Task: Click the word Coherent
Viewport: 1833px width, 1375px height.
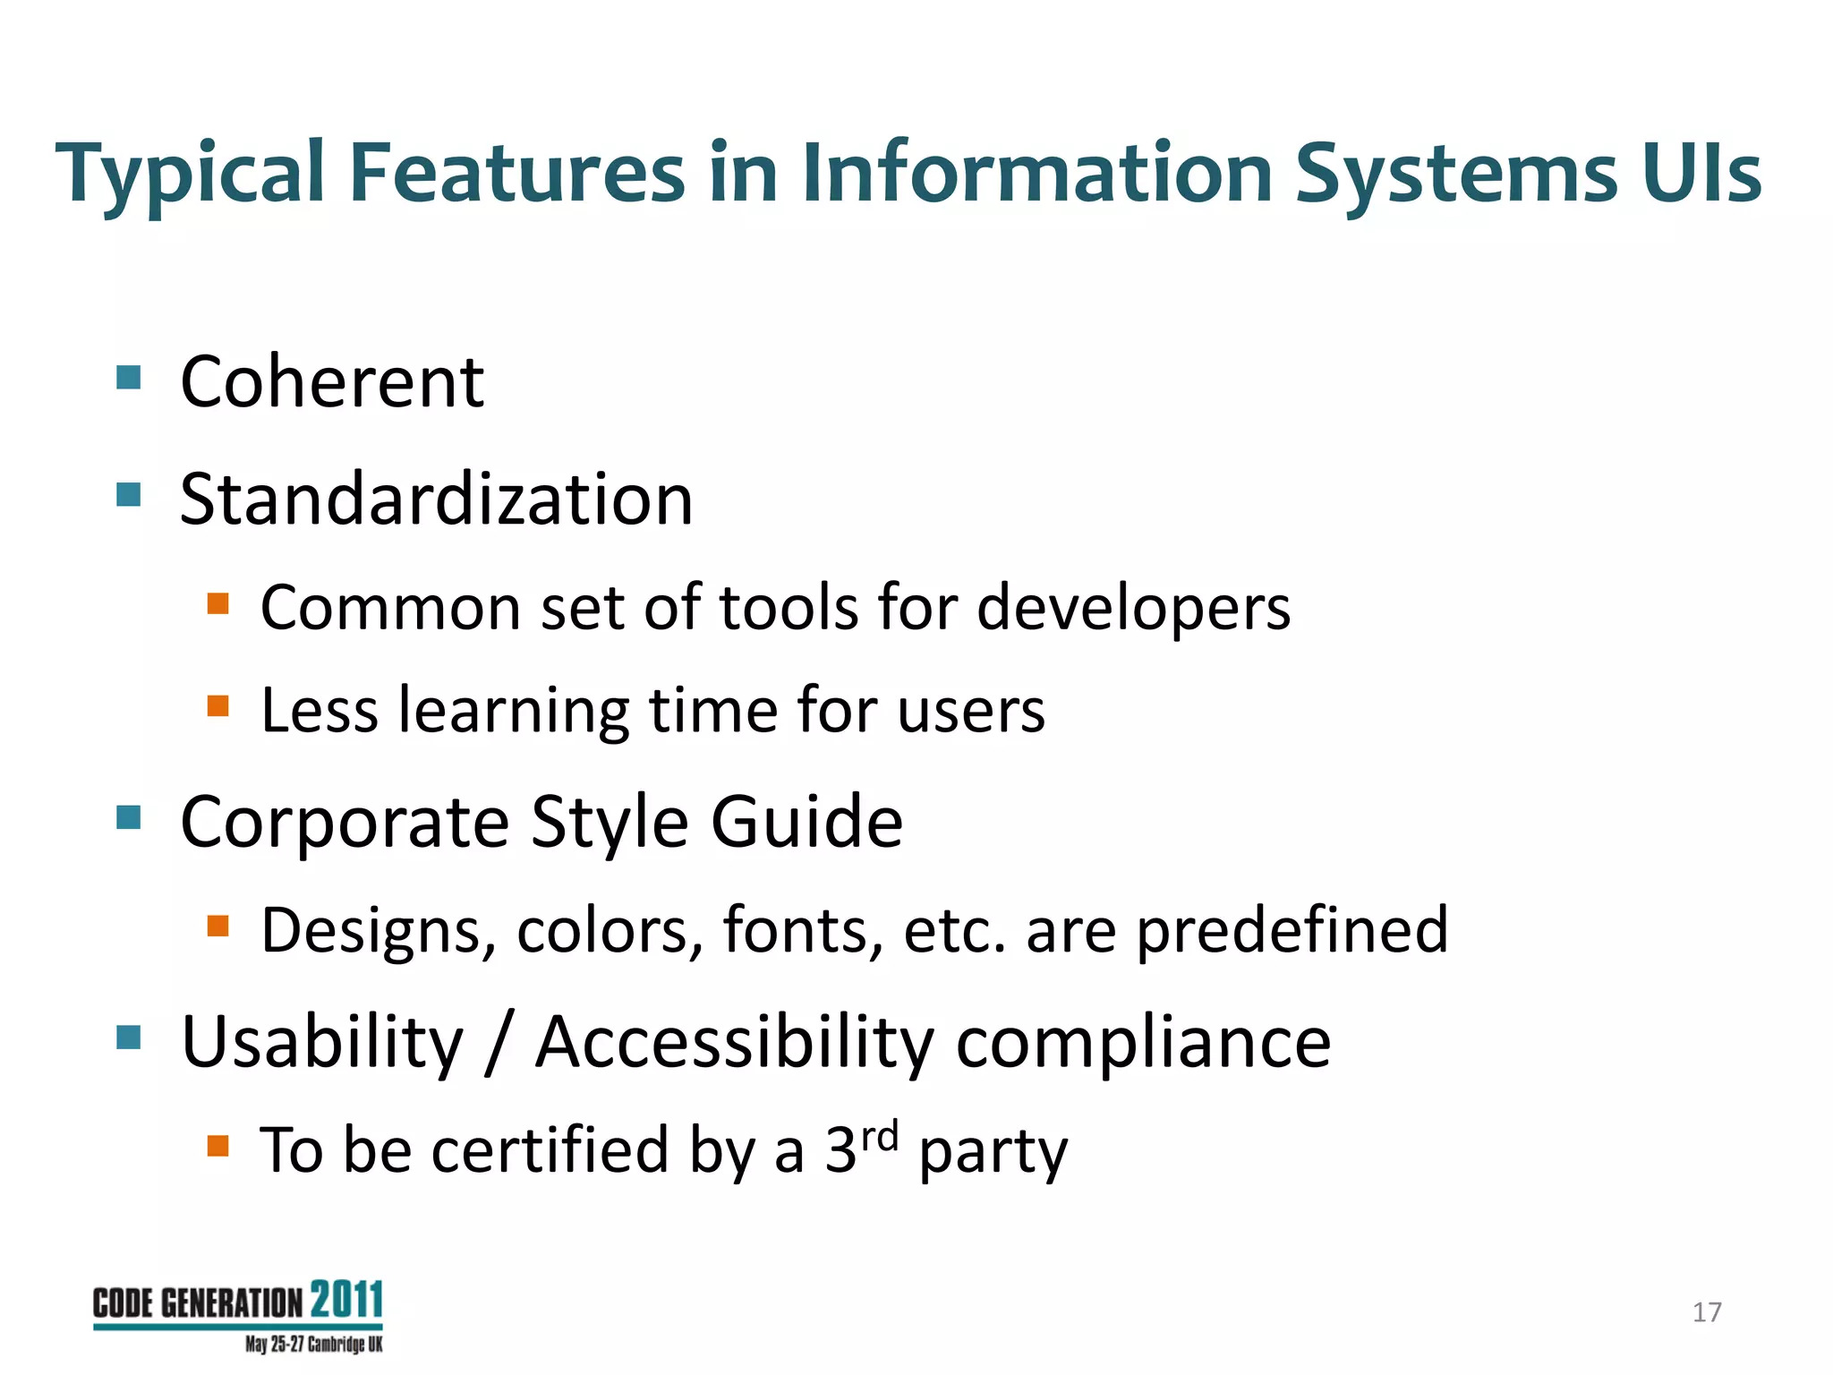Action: tap(332, 382)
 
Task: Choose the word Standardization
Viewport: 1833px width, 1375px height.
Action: tap(436, 500)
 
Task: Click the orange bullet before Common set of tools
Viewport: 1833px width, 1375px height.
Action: tap(218, 603)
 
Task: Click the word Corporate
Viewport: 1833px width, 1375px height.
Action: tap(345, 822)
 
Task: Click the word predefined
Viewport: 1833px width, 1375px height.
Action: tap(1292, 932)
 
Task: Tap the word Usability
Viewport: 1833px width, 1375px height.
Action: tap(322, 1044)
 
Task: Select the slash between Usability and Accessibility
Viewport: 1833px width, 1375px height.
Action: tap(499, 1044)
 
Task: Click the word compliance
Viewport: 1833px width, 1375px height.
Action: tap(1143, 1044)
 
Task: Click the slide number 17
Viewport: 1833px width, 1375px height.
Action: tap(1707, 1312)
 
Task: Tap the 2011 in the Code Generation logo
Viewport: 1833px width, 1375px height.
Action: tap(347, 1300)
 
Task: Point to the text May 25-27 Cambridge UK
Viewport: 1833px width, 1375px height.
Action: tap(313, 1345)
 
